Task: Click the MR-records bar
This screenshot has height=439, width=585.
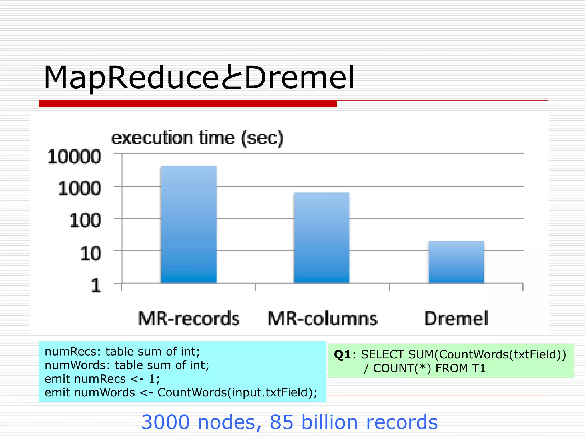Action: click(189, 224)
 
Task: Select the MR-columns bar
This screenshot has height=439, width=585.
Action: click(322, 238)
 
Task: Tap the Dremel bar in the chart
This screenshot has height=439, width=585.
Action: click(456, 262)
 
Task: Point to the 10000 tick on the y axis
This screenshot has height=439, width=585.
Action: click(74, 157)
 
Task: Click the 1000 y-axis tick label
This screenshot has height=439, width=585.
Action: click(80, 189)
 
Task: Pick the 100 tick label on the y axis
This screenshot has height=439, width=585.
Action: click(85, 221)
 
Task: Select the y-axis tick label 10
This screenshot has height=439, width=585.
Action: click(91, 253)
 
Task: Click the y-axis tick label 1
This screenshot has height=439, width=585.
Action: click(96, 285)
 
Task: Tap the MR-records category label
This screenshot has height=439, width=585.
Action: click(189, 318)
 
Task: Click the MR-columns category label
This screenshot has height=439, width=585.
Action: click(322, 318)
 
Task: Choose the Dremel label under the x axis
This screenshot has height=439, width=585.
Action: click(456, 318)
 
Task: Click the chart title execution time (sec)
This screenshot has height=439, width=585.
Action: click(197, 138)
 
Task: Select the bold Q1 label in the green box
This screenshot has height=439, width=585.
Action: click(342, 355)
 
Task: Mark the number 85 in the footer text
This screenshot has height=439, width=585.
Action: click(282, 422)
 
